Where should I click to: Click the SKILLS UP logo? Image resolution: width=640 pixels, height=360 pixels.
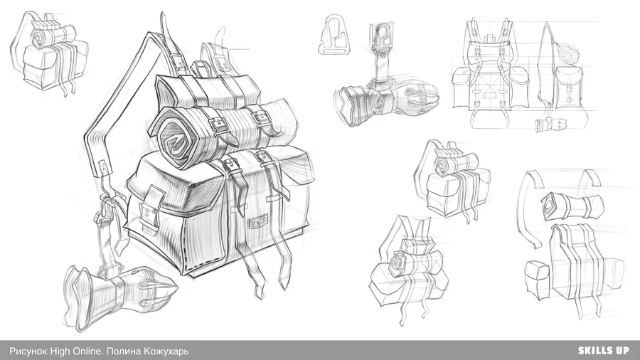pos(603,350)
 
